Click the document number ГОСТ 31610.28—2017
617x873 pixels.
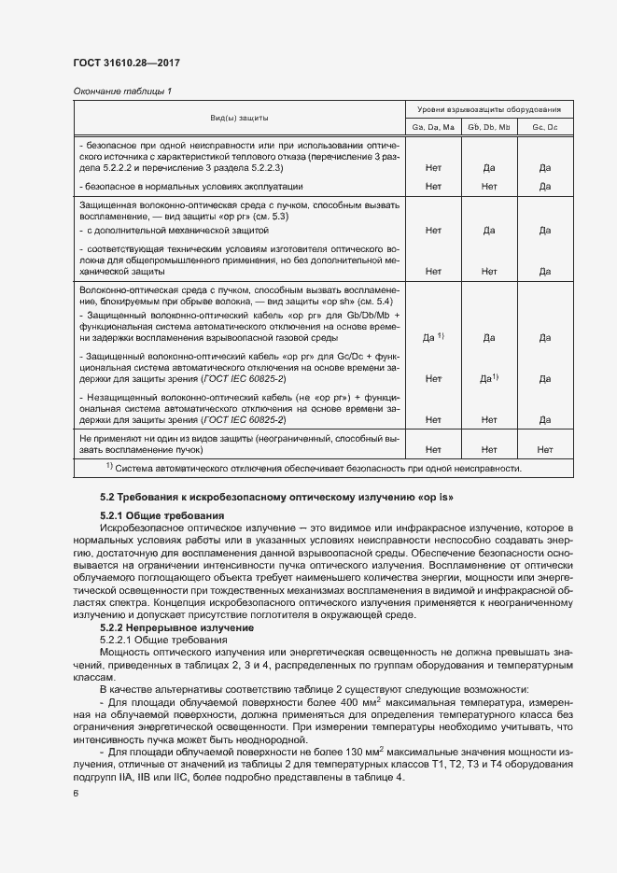click(x=126, y=63)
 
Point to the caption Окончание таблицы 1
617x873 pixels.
click(x=121, y=91)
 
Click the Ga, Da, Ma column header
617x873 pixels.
click(x=433, y=126)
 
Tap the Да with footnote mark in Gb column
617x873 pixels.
click(x=488, y=378)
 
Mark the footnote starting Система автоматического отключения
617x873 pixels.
click(x=313, y=469)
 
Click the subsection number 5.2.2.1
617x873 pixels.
click(x=119, y=641)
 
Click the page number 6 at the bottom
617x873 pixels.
click(x=76, y=793)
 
